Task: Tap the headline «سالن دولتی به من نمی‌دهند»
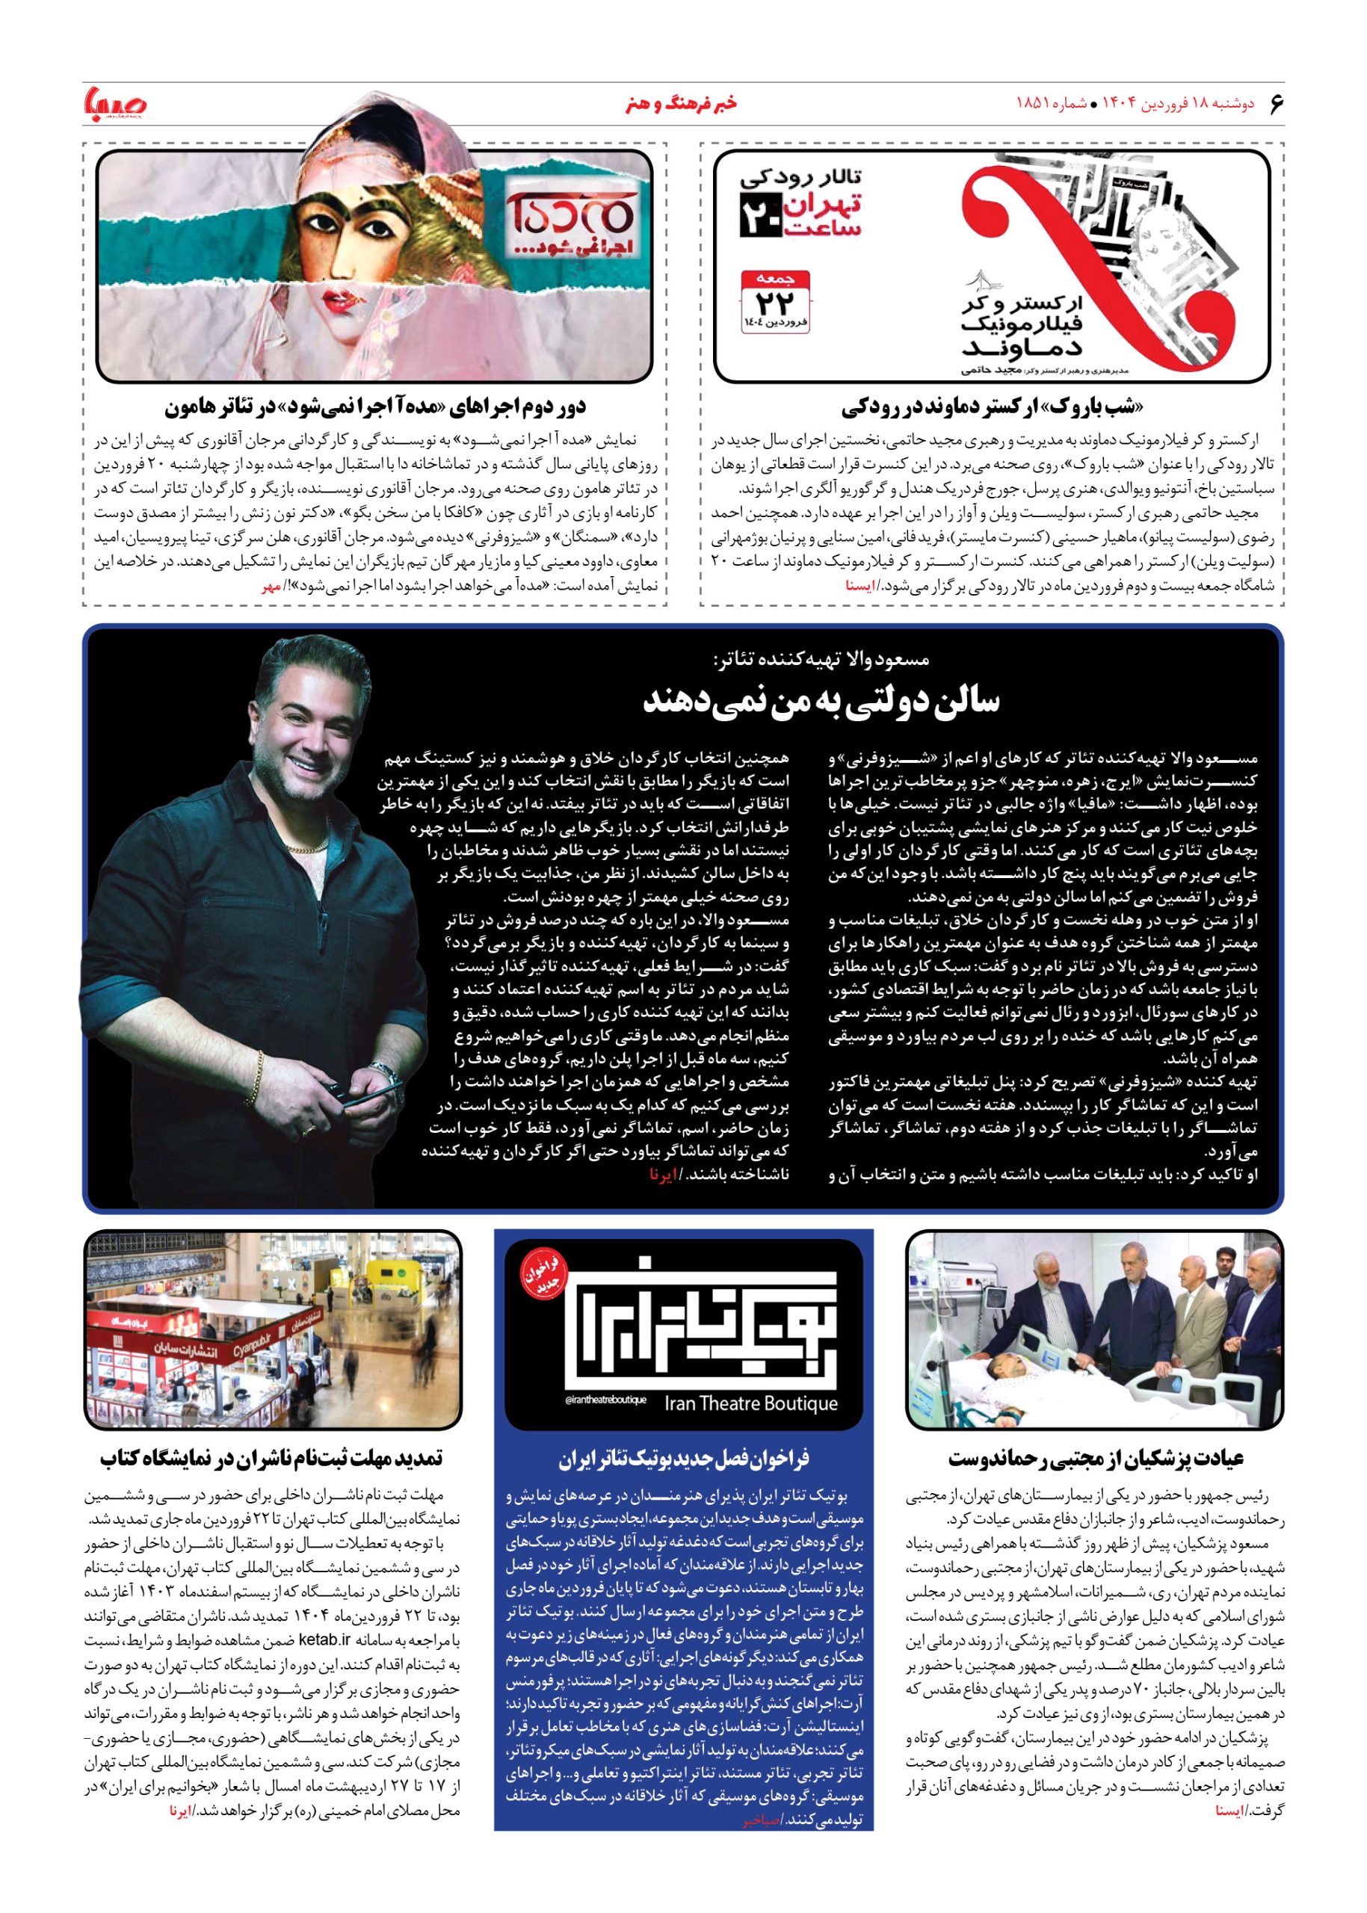coord(820,701)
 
